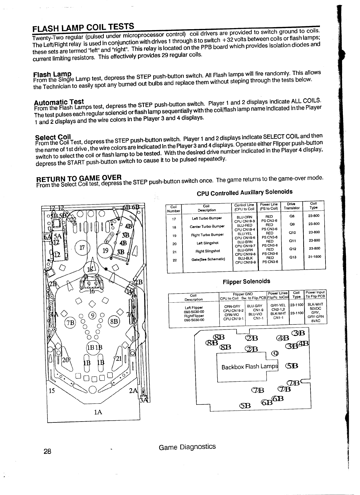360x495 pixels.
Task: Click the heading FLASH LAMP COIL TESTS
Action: [83, 28]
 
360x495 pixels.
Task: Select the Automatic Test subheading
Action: [59, 102]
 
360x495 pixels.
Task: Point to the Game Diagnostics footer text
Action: [187, 447]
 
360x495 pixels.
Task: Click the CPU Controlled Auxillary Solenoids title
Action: [244, 193]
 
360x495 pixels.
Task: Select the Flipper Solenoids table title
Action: [246, 281]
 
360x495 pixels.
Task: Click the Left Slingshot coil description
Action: [207, 243]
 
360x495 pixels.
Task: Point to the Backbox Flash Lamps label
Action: [249, 367]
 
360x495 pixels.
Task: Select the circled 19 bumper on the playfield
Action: [105, 250]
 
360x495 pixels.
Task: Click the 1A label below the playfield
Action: [98, 412]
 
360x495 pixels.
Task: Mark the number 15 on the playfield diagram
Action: [52, 391]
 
